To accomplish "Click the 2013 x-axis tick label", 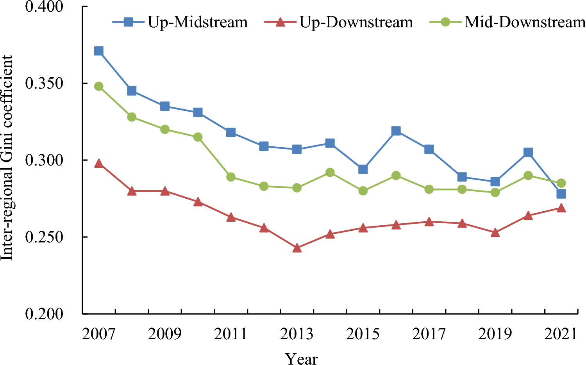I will click(x=297, y=334).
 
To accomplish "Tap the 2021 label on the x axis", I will click(x=561, y=334).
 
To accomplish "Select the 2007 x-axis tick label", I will click(x=98, y=334).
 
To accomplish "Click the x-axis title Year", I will click(x=301, y=358).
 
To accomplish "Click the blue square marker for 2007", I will click(x=98, y=51).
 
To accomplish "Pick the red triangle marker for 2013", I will click(x=297, y=248).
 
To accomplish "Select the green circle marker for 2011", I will click(x=231, y=177).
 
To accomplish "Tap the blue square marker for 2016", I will click(x=396, y=131).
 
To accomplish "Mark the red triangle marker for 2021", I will click(x=561, y=208).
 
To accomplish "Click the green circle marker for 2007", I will click(x=98, y=86).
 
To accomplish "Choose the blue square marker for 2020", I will click(x=528, y=152).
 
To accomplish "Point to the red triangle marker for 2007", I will click(x=98, y=163).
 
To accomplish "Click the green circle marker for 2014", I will click(x=330, y=173).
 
